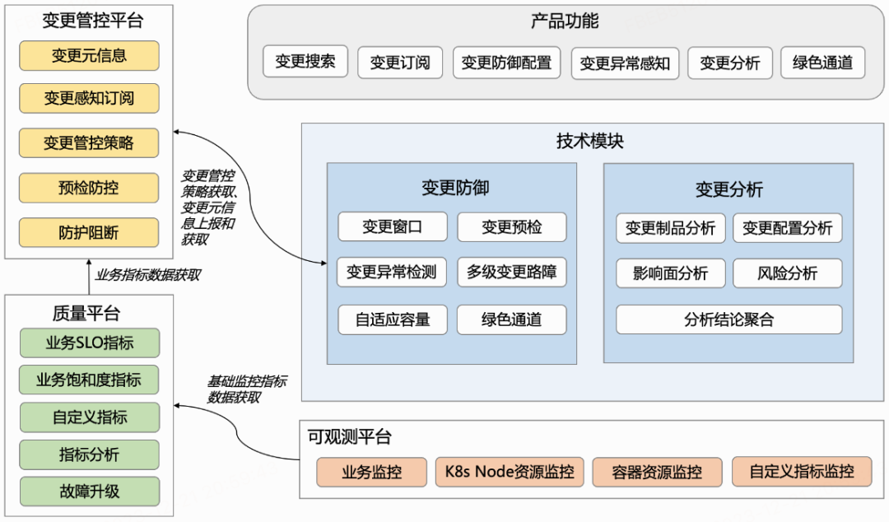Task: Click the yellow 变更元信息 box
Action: pos(89,56)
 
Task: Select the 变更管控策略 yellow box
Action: pos(89,142)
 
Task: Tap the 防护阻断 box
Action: pos(89,233)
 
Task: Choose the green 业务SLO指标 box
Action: pos(90,343)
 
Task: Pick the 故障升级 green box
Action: pos(90,492)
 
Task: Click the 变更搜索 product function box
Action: pos(305,61)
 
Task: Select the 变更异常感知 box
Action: pos(626,63)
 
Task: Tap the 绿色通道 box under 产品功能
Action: pos(822,63)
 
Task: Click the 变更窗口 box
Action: pos(393,227)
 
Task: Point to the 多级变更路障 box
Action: pos(512,273)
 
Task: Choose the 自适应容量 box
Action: pos(393,320)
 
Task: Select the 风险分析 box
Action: pos(788,273)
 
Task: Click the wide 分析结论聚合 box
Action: pos(729,320)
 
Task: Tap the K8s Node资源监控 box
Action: pos(510,472)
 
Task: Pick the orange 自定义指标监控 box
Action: pos(802,472)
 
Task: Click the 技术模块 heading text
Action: pos(589,141)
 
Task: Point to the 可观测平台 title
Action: pos(350,437)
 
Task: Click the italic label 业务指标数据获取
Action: pos(148,275)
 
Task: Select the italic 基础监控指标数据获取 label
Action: pos(247,389)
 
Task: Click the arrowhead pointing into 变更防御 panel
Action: pos(323,263)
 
